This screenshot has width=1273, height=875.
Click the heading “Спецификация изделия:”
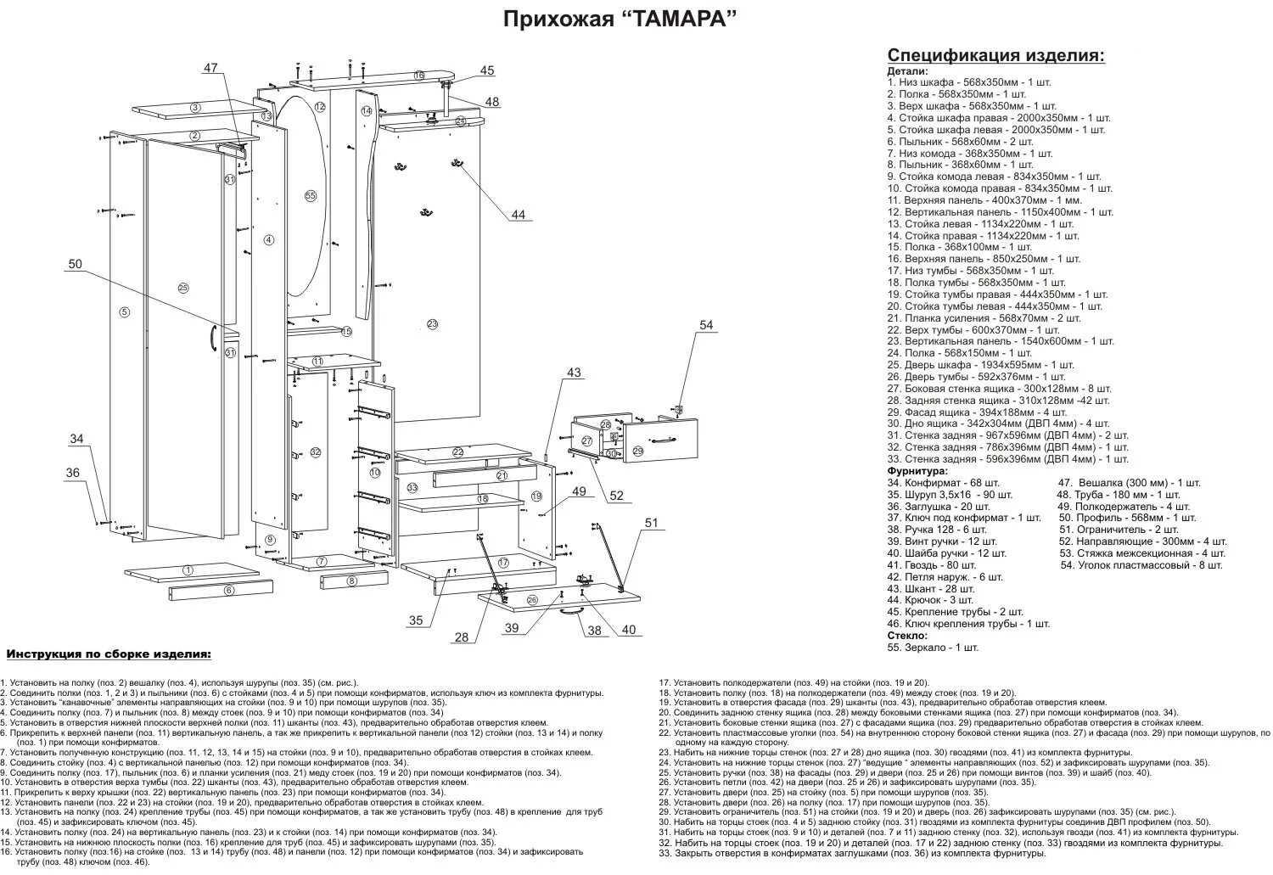coord(996,55)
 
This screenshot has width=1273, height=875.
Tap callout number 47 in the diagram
coord(210,68)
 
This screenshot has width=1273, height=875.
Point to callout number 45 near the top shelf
coord(486,70)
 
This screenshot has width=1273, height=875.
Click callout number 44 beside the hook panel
coord(518,215)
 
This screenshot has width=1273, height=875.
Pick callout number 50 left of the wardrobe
coord(76,264)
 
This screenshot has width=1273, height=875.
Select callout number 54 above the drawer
coord(707,325)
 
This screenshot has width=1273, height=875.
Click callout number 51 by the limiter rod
coord(651,523)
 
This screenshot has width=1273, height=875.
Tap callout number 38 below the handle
coord(594,631)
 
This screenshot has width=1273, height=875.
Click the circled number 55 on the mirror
coord(310,195)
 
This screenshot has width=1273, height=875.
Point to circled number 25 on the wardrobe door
coord(182,288)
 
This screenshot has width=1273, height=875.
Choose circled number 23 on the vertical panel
coord(432,324)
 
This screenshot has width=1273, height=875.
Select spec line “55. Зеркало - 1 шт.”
coord(933,647)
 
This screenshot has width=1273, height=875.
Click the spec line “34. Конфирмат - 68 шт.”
coord(945,482)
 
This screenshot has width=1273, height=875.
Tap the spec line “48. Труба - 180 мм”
coord(1118,494)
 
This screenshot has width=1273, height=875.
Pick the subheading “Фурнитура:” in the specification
coord(917,470)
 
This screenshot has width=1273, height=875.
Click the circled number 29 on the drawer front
coord(638,452)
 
